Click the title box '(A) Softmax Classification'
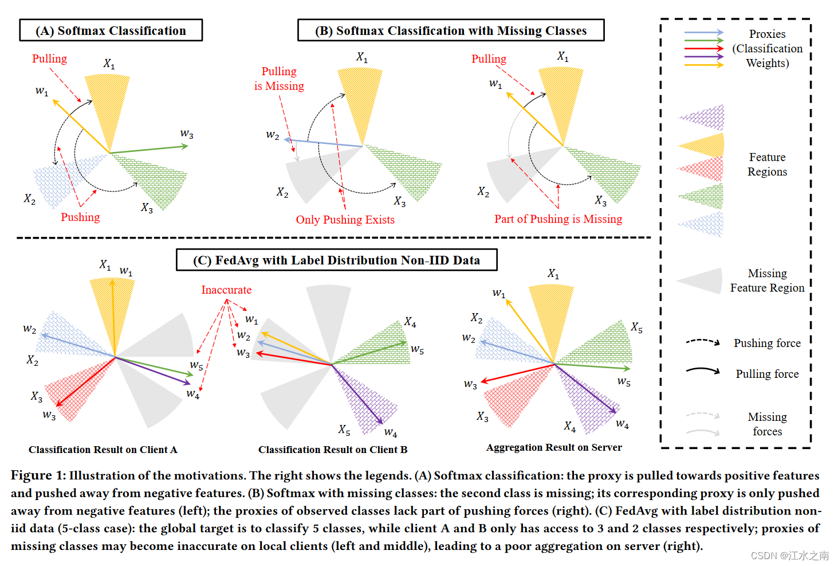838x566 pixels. point(111,30)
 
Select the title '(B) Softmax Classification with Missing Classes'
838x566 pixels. point(451,30)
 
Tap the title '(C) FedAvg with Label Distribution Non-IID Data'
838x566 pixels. point(336,260)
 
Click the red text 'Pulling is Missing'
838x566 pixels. point(279,79)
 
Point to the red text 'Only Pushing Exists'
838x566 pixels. point(345,220)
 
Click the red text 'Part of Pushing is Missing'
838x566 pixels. point(558,219)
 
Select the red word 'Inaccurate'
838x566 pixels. point(226,290)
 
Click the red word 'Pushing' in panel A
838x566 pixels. point(80,217)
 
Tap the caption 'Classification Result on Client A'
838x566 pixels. point(103,450)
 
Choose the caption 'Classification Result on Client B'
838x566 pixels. point(333,450)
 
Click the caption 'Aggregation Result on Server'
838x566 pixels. point(554,447)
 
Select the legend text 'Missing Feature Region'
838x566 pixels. point(767,280)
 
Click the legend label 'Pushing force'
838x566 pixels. point(767,343)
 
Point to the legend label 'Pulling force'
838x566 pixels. point(767,374)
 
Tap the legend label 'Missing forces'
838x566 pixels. point(767,424)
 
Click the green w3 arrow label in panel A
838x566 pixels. point(187,134)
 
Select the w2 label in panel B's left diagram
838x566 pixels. point(273,135)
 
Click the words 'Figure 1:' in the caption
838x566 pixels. point(38,475)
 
